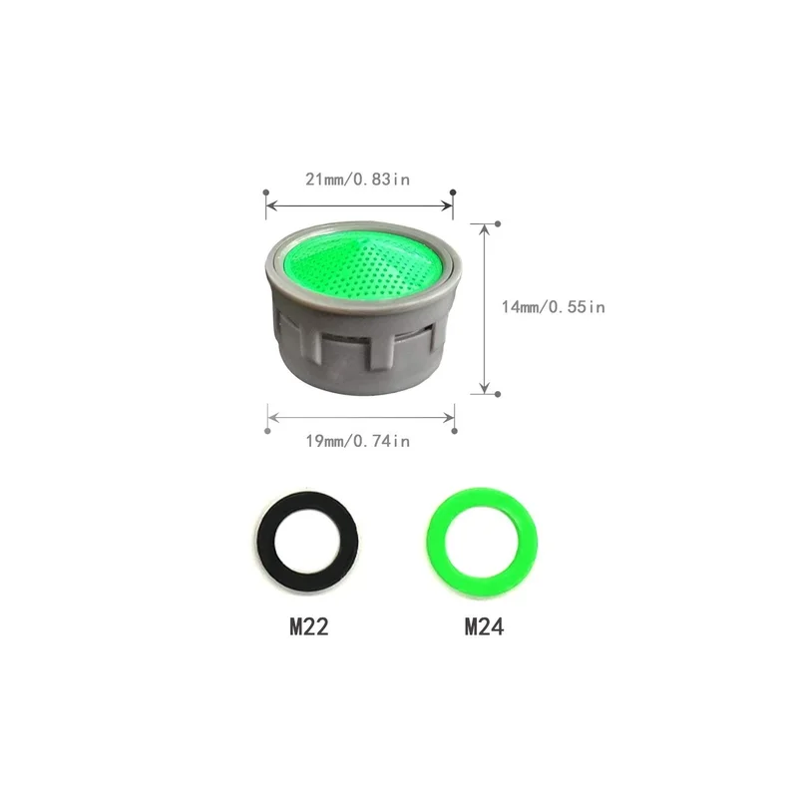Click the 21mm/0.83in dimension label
(x=357, y=180)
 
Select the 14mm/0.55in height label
(x=554, y=307)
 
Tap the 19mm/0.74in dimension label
(x=358, y=441)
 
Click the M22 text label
(x=309, y=626)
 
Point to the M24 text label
(x=484, y=626)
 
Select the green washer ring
(x=437, y=541)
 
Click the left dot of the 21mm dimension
(x=266, y=193)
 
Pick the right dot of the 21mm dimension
(x=453, y=193)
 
